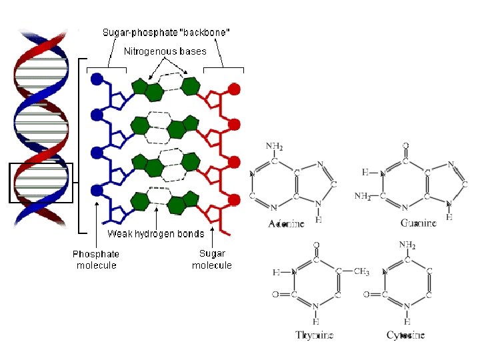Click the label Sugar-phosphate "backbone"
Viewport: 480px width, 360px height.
pyautogui.click(x=167, y=33)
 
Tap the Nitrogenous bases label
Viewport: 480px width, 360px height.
pyautogui.click(x=165, y=51)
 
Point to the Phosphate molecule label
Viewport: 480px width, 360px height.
pyautogui.click(x=96, y=259)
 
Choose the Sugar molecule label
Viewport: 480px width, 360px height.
pyautogui.click(x=212, y=259)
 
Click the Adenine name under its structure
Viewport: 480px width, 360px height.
pyautogui.click(x=286, y=224)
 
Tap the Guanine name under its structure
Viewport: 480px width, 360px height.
pyautogui.click(x=419, y=223)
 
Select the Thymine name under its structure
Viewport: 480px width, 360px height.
pyautogui.click(x=314, y=335)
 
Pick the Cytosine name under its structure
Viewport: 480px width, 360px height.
pyautogui.click(x=405, y=335)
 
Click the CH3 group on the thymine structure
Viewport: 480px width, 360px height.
pyautogui.click(x=361, y=272)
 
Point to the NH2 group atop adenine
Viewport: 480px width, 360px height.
pyautogui.click(x=274, y=146)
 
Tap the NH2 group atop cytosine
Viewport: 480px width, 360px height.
pyautogui.click(x=407, y=245)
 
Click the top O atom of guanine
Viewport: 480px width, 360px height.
pyautogui.click(x=406, y=145)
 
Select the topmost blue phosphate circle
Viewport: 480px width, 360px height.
pyautogui.click(x=97, y=79)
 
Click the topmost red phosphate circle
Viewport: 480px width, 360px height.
pyautogui.click(x=234, y=88)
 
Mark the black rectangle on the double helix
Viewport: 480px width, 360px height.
pyautogui.click(x=41, y=182)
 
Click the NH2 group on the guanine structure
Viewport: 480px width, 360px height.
pyautogui.click(x=362, y=196)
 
